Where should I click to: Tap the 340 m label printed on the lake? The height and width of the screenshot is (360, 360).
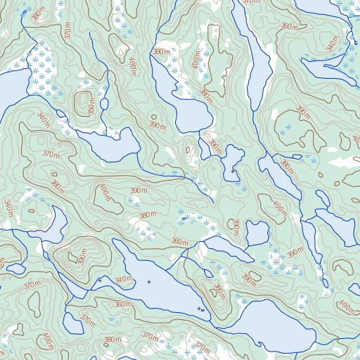pos(124,280)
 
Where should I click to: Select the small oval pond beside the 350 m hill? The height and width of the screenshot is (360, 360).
pos(104,104)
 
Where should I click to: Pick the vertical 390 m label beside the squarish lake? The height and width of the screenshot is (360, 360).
pos(236,227)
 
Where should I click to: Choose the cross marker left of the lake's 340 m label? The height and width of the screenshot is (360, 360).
pos(99,280)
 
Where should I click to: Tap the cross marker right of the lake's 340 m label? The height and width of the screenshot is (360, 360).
pos(149,282)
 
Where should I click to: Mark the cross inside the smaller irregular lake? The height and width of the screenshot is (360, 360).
pos(233,171)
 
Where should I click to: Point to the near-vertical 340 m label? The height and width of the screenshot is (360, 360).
pos(8,207)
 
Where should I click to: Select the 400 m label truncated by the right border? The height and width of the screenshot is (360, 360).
pos(347,307)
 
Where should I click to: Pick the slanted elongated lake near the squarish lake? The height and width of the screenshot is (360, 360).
pos(224,247)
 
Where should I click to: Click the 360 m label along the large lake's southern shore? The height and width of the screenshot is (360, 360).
pos(122,304)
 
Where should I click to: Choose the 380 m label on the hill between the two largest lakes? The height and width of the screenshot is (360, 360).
pos(219,290)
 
